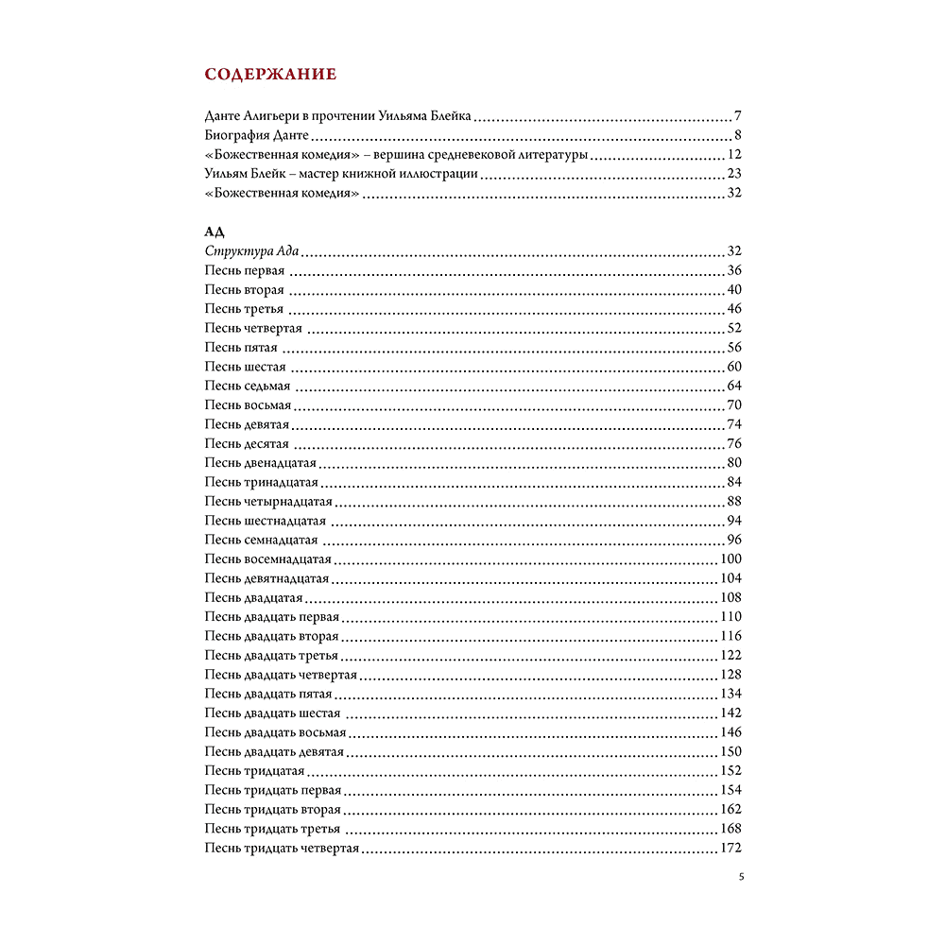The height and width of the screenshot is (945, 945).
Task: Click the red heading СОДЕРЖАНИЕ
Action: point(270,74)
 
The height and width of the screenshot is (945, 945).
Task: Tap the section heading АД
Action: point(214,232)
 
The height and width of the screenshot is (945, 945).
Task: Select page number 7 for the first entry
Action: point(737,117)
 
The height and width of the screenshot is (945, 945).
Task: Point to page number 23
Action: point(734,174)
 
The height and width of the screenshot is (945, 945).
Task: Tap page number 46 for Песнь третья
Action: point(734,309)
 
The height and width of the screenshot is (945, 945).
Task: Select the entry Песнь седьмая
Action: point(248,387)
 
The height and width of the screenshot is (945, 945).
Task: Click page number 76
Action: point(734,444)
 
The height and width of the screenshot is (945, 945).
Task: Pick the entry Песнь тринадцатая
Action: point(261,483)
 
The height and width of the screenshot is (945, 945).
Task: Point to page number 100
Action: point(730,559)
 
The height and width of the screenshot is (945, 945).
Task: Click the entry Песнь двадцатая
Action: point(253,598)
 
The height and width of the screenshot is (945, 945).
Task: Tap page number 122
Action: point(730,656)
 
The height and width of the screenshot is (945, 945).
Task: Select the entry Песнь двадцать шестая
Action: point(272,713)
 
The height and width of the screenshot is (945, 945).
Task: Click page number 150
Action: point(730,752)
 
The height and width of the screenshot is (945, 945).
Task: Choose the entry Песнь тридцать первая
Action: point(273,790)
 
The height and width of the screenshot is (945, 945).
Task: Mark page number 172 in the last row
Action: point(730,848)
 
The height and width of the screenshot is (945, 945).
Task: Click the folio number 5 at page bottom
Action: point(741,877)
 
